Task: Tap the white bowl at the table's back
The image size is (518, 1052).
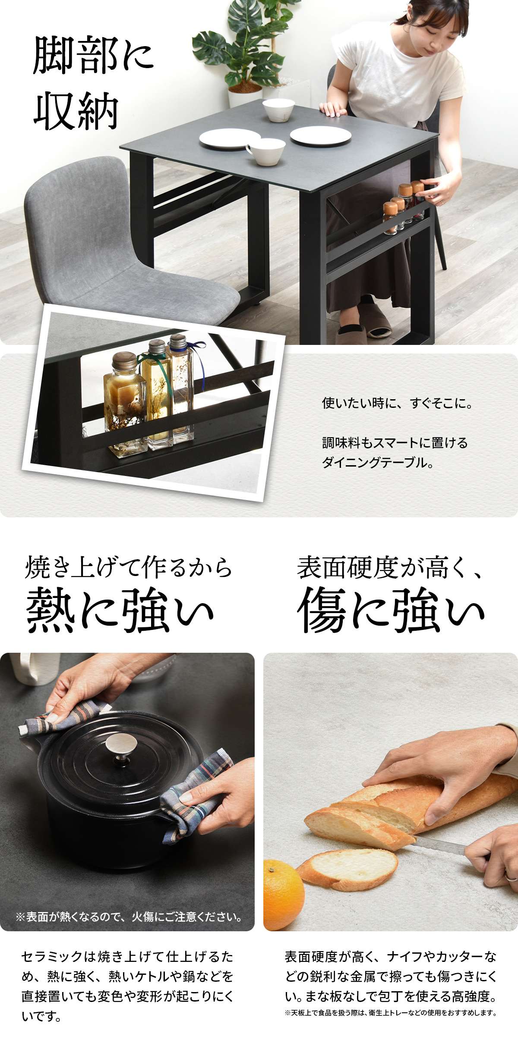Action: [x=279, y=110]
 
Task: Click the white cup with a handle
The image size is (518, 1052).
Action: [x=265, y=151]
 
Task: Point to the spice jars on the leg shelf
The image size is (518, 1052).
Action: [x=404, y=207]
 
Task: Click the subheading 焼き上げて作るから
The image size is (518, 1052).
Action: [x=129, y=567]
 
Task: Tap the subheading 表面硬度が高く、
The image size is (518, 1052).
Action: [x=390, y=567]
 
